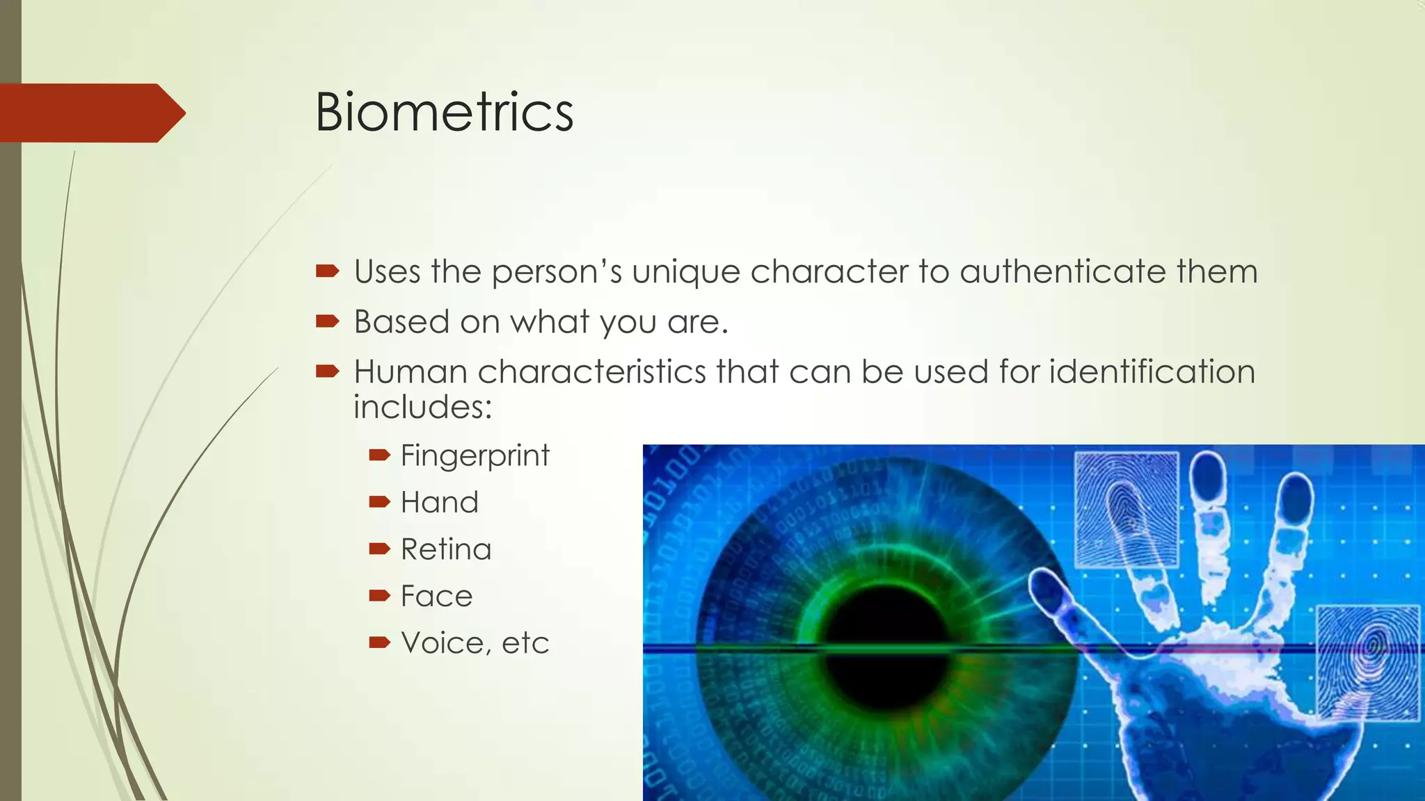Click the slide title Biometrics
coord(444,112)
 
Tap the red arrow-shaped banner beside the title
coord(90,113)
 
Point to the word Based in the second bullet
coord(401,322)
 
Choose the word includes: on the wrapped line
coord(422,407)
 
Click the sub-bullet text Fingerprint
coord(475,456)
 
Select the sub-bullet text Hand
coord(440,503)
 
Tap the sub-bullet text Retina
coord(446,549)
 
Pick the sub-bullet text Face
coord(436,596)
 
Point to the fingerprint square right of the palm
coord(1368,661)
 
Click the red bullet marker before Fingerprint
coord(379,455)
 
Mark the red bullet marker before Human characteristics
coord(326,371)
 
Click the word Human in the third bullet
coord(410,371)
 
